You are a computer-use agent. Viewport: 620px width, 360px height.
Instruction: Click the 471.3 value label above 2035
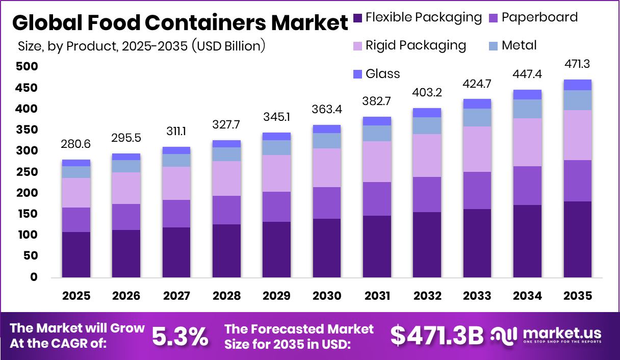click(x=578, y=64)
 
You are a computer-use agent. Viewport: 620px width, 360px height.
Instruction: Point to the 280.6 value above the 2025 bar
click(x=76, y=144)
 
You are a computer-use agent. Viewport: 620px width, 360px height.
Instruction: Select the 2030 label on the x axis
click(x=327, y=296)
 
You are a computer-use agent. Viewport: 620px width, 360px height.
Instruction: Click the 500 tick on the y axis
click(x=26, y=67)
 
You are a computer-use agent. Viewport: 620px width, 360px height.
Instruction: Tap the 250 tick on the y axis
click(x=26, y=172)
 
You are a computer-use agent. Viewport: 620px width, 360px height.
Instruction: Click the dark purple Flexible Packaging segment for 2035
click(x=578, y=239)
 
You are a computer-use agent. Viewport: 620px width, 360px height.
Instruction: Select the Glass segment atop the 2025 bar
click(x=76, y=163)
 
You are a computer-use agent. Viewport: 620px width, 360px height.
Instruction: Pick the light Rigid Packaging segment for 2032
click(x=427, y=156)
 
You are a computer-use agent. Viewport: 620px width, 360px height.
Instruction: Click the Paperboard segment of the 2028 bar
click(x=227, y=210)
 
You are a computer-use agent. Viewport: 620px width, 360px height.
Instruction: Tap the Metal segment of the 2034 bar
click(x=528, y=109)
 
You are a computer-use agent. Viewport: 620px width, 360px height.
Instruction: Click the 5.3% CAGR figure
click(x=180, y=336)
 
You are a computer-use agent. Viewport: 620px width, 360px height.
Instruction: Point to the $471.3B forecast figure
click(x=436, y=336)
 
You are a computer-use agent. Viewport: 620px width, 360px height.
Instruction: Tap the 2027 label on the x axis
click(x=177, y=296)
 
